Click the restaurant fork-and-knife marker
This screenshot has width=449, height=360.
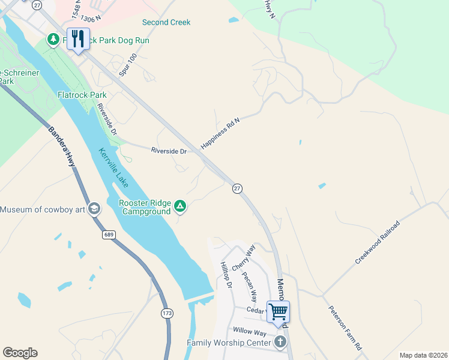click(x=78, y=39)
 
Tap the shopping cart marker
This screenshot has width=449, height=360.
click(x=278, y=312)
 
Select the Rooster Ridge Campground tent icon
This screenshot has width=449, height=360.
click(x=179, y=207)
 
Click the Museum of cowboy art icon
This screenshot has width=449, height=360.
click(x=94, y=209)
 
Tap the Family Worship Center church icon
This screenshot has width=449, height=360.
click(x=279, y=343)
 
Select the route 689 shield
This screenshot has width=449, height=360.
click(x=109, y=234)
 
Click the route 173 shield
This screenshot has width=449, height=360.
click(x=167, y=313)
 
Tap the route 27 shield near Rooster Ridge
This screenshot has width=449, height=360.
click(x=237, y=188)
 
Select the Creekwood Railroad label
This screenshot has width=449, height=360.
click(x=377, y=242)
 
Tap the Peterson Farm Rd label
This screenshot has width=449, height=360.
click(x=345, y=328)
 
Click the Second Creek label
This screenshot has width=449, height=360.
click(x=166, y=23)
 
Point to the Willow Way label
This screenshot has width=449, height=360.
click(x=250, y=331)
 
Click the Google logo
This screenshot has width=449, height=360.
click(x=20, y=353)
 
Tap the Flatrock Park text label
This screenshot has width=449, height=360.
click(x=82, y=95)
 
